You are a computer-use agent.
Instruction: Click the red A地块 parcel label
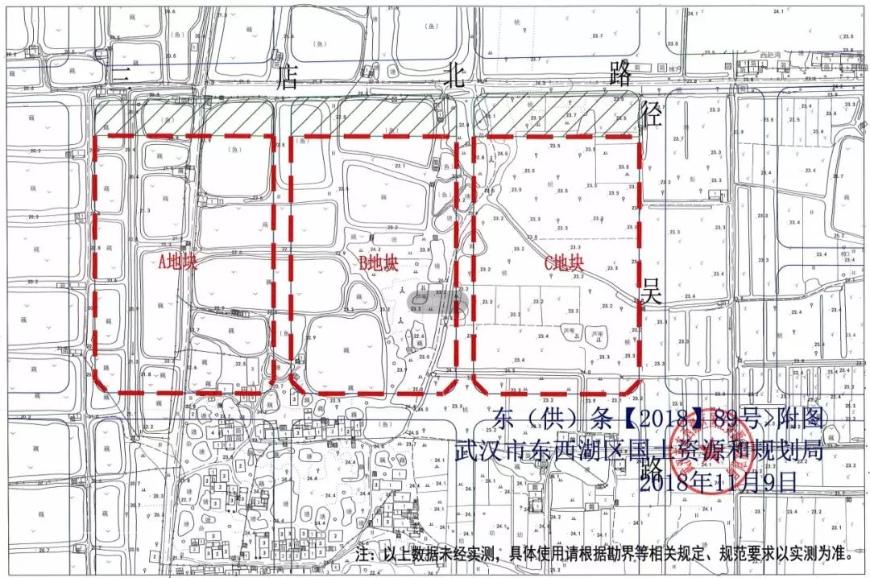pyautogui.click(x=177, y=262)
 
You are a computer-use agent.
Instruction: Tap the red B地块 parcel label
pyautogui.click(x=379, y=262)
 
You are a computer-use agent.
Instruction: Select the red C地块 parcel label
pyautogui.click(x=563, y=262)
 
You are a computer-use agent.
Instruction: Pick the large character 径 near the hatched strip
pyautogui.click(x=651, y=114)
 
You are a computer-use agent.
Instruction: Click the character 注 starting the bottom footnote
pyautogui.click(x=364, y=555)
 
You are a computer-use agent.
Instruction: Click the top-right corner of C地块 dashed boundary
pyautogui.click(x=640, y=137)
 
